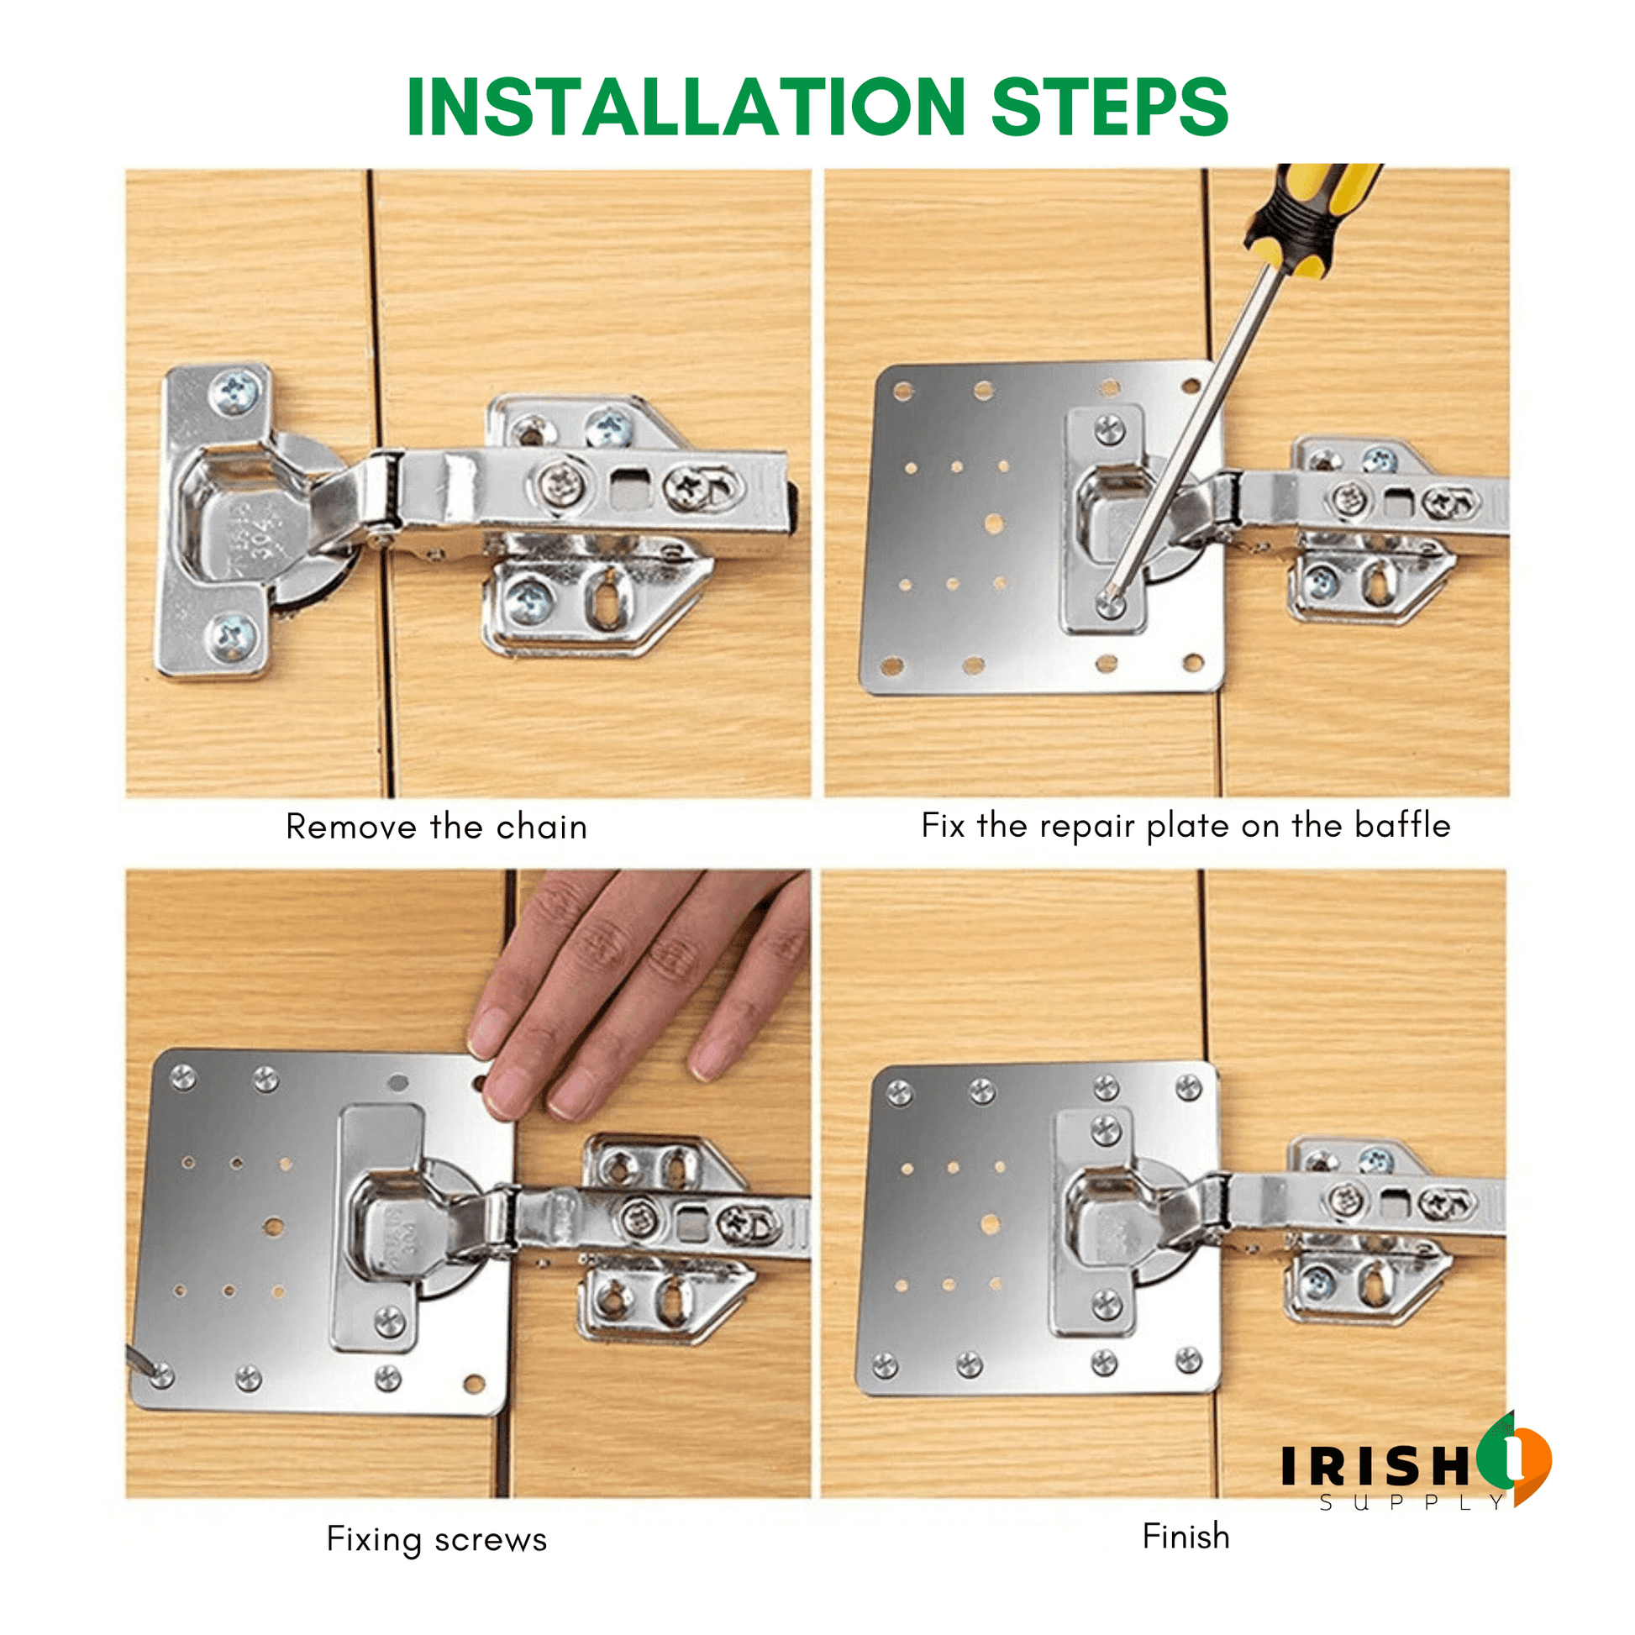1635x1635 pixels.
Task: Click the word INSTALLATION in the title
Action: coord(686,107)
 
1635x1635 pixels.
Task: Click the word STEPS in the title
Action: coord(1109,107)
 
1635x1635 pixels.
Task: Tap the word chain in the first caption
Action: coord(542,827)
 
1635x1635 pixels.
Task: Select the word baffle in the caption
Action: coord(1402,825)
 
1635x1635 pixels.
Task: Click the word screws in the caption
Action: coord(491,1539)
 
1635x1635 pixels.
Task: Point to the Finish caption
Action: coord(1186,1536)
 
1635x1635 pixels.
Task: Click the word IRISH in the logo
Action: coord(1376,1466)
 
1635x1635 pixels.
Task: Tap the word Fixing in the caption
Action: coord(373,1539)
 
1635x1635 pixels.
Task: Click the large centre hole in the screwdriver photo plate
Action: coord(994,523)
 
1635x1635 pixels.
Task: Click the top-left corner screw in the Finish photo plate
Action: coord(899,1093)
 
